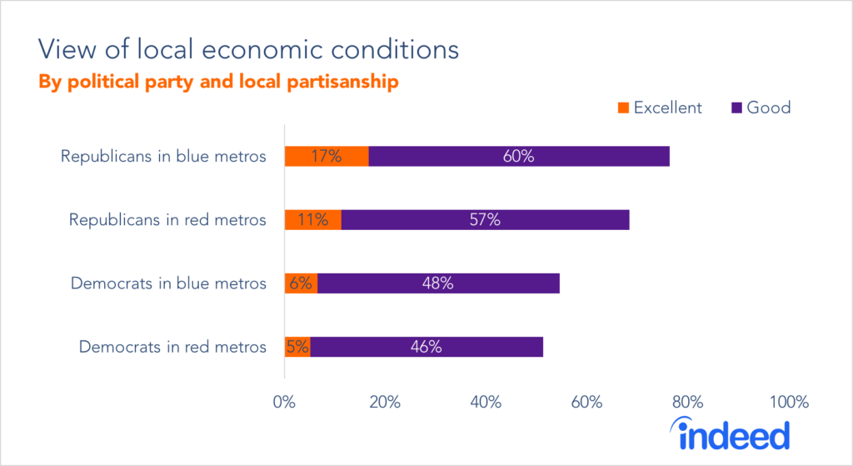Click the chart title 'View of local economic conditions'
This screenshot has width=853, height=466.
(247, 49)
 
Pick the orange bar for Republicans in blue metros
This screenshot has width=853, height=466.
(327, 156)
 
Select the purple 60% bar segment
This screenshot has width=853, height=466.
(518, 156)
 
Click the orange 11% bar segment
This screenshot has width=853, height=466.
(313, 220)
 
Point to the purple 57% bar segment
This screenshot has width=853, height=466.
(485, 220)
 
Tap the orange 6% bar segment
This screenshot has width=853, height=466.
(301, 283)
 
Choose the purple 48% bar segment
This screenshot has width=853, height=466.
(438, 283)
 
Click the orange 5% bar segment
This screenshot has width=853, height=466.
(297, 347)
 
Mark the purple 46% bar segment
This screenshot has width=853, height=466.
(426, 347)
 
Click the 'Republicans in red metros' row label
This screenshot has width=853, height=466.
(167, 220)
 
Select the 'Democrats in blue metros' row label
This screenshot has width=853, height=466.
(168, 283)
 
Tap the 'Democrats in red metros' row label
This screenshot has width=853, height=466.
(172, 347)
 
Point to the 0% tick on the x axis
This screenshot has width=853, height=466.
(285, 403)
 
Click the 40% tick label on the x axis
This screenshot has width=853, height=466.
(486, 403)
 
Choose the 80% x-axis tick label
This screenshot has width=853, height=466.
(687, 403)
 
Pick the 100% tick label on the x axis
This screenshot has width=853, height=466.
(789, 403)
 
